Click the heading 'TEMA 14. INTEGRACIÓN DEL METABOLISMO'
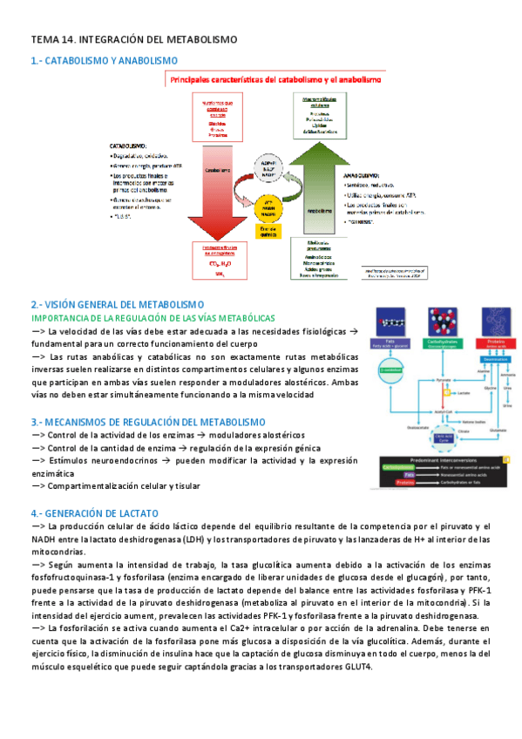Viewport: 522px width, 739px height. pyautogui.click(x=134, y=40)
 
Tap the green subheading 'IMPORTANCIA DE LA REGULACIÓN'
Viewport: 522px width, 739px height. pyautogui.click(x=153, y=318)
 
